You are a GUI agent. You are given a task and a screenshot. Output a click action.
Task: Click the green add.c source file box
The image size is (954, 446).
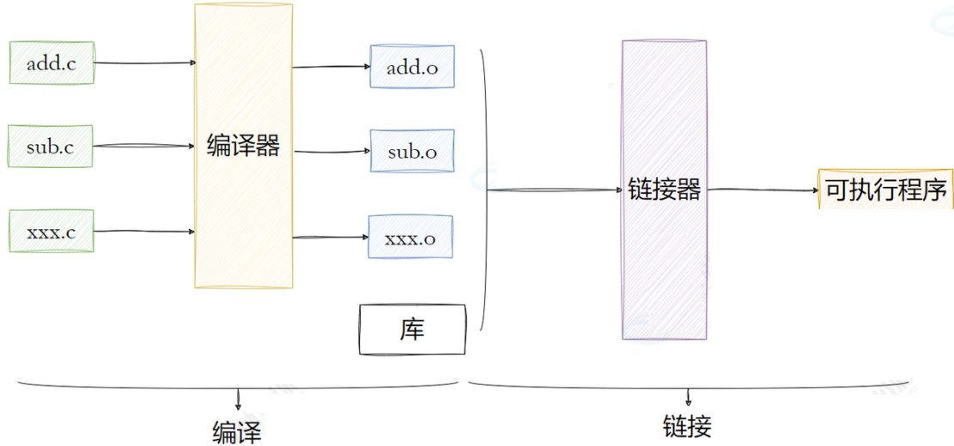(x=52, y=63)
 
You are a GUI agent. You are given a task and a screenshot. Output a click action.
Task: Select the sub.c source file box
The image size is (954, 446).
(x=50, y=147)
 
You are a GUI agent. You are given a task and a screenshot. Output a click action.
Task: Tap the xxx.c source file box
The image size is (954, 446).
(x=51, y=232)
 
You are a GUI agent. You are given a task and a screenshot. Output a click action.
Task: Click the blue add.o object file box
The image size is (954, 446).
(x=411, y=67)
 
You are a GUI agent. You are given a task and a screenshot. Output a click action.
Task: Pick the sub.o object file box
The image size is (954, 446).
(x=412, y=152)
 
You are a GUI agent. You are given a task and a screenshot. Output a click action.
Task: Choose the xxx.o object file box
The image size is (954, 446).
(x=410, y=238)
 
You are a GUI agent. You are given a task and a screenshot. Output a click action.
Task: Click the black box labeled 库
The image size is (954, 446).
(x=412, y=330)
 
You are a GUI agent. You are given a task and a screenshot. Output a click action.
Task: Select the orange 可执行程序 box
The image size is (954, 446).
(x=885, y=190)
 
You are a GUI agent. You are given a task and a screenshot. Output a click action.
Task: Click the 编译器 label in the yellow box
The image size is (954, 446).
(x=244, y=145)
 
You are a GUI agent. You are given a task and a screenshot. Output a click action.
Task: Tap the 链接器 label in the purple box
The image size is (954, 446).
(x=665, y=189)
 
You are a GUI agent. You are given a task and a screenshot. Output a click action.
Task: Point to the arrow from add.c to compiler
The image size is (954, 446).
(x=144, y=63)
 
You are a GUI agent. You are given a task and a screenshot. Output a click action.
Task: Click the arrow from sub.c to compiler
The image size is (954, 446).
(x=143, y=147)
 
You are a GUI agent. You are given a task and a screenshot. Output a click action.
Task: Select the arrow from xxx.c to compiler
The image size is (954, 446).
(x=143, y=231)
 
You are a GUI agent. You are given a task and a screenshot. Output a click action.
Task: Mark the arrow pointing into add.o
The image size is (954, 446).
(x=331, y=67)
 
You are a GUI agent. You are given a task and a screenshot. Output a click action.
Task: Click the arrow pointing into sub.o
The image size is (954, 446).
(x=331, y=153)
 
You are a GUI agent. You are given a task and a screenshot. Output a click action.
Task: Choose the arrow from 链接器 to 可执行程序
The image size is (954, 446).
(x=763, y=190)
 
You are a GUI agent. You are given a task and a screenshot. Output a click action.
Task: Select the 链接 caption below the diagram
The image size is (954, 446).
(x=687, y=426)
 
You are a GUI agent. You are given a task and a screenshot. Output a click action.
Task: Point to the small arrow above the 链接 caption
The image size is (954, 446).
(x=688, y=397)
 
